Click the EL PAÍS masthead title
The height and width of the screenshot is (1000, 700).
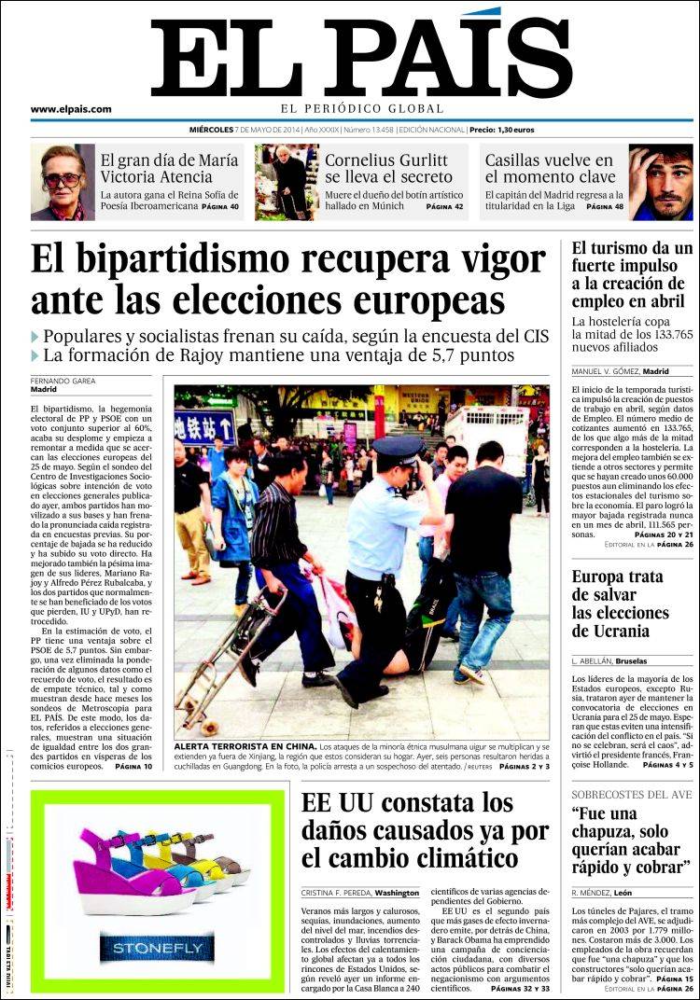(x=360, y=54)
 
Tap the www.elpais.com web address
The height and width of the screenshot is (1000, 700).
(x=71, y=109)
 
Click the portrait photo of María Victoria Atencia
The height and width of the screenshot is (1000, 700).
(x=63, y=182)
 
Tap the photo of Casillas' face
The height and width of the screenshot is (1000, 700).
(x=662, y=182)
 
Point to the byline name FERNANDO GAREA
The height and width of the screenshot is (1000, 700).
(x=63, y=381)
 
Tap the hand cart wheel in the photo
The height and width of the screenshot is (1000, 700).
(x=209, y=726)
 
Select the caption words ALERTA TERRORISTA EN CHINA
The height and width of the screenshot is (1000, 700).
(x=245, y=748)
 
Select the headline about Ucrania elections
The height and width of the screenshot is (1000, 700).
(x=621, y=604)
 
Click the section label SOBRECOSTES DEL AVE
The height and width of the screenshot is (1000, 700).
(x=632, y=794)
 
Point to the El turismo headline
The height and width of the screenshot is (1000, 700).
(x=632, y=275)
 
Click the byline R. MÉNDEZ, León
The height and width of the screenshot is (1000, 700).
(x=602, y=893)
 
